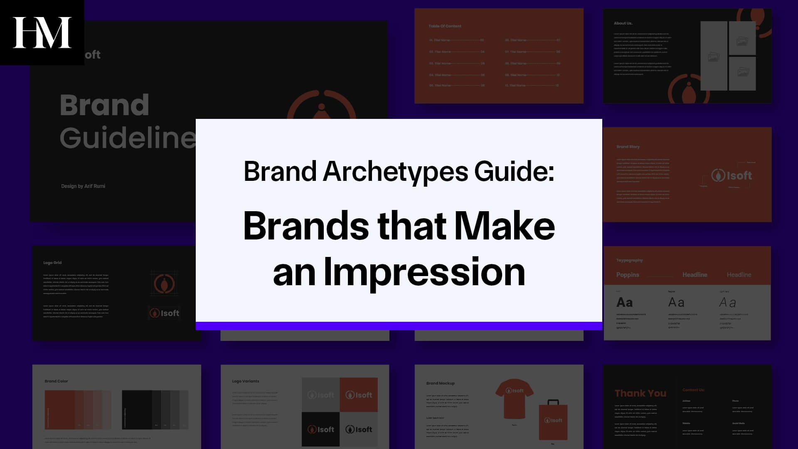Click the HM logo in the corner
point(42,32)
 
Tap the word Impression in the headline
point(424,272)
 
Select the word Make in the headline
point(504,226)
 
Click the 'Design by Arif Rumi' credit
point(83,186)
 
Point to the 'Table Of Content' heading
point(445,26)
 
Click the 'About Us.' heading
point(623,23)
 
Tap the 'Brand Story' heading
point(628,147)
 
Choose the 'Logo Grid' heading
point(52,263)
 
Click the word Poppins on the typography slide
point(628,275)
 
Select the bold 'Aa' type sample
point(624,303)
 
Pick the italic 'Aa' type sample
point(727,303)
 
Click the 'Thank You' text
point(640,393)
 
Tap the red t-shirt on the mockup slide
point(514,397)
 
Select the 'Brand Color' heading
point(56,381)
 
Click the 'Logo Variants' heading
point(245,381)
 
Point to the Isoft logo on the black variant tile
point(320,429)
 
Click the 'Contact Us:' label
point(693,390)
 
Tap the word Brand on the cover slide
point(104,105)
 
